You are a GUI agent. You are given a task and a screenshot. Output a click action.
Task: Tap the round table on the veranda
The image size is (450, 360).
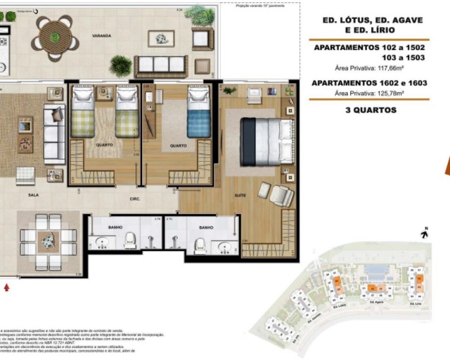[x=56, y=36]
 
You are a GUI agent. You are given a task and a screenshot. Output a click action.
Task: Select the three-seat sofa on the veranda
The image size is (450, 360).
[x=161, y=65]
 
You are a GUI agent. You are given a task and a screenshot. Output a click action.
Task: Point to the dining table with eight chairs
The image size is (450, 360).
[x=49, y=242]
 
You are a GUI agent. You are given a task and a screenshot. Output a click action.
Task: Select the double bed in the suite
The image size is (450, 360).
[x=264, y=141]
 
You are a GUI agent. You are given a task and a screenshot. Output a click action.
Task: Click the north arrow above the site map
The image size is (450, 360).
[x=424, y=233]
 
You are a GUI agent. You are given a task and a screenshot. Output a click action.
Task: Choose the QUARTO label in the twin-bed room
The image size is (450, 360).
[x=104, y=145]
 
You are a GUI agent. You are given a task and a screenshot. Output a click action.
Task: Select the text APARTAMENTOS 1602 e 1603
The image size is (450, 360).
[x=369, y=83]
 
